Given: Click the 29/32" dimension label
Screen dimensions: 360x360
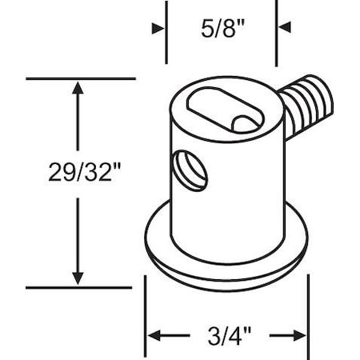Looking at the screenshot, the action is click(85, 172).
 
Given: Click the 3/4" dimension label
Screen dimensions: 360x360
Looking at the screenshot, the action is click(230, 336).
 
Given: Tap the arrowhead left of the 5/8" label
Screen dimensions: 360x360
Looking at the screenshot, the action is click(158, 29).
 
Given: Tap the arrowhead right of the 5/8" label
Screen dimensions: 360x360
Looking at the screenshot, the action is click(285, 27).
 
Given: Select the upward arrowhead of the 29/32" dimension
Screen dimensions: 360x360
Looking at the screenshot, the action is click(78, 88).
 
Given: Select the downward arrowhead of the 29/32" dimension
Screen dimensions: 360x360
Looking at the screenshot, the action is click(78, 278).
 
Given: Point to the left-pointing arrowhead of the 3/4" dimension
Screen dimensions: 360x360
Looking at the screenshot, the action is click(154, 335).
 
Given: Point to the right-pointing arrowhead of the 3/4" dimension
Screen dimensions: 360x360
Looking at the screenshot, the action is click(299, 335).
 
